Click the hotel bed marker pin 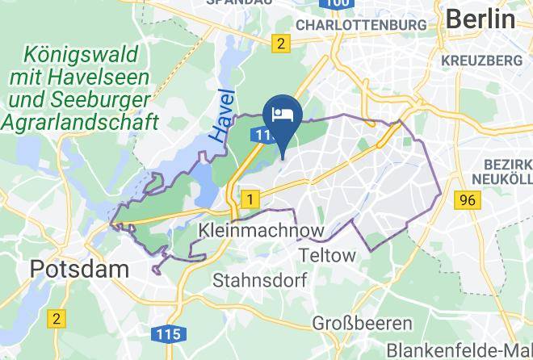coord(283,115)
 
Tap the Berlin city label coord(480,19)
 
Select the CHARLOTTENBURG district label coord(361,25)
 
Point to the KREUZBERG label coord(482,61)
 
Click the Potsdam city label coord(69,269)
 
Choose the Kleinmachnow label coord(262,231)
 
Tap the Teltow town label coord(327,255)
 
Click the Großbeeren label coord(363,324)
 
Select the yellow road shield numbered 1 coord(252,198)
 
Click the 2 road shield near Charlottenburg coord(280,44)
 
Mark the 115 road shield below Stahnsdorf coord(171,333)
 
